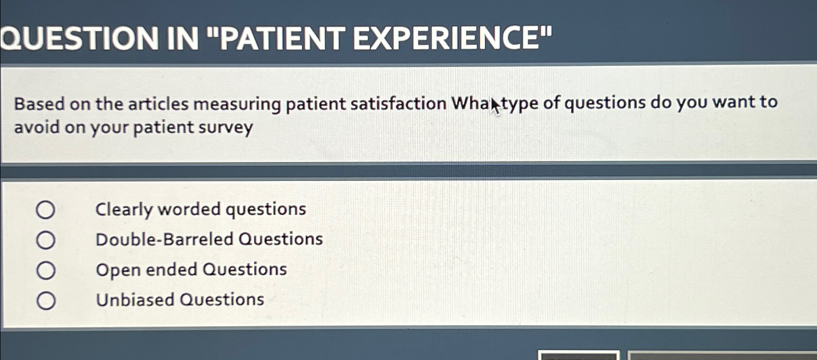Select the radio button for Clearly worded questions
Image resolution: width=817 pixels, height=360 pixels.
point(46,210)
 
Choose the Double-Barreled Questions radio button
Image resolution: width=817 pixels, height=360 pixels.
point(46,240)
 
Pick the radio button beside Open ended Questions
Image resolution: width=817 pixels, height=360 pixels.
point(46,270)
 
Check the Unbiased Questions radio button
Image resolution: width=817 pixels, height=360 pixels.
point(46,301)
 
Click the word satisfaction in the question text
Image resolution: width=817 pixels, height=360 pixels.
point(398,104)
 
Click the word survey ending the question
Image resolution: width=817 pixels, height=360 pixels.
point(230,128)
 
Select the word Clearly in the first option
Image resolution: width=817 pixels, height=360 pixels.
point(124,210)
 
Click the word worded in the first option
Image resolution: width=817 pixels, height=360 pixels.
point(189,210)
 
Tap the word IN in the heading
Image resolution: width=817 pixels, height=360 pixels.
point(182,39)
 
